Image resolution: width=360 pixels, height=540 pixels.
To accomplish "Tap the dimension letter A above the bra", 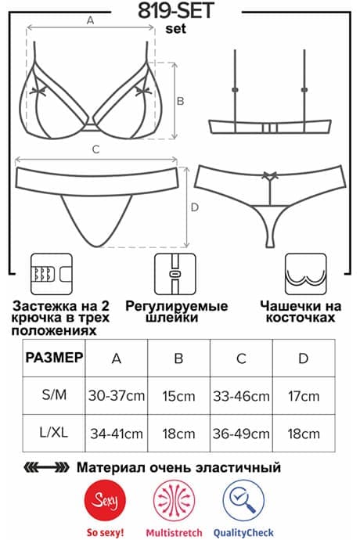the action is click(90, 20).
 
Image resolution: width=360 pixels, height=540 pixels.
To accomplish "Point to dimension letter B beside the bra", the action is click(180, 101).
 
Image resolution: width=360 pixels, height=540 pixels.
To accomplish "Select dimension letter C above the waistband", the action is click(96, 149).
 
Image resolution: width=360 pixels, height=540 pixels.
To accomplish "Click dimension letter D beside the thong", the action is click(195, 207).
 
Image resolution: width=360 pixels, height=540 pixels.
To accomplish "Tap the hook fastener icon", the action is click(52, 274).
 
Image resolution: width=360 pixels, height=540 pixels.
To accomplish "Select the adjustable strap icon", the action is click(175, 274).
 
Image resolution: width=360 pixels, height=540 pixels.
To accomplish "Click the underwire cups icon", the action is click(305, 274).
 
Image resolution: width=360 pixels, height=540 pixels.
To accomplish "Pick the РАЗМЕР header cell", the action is click(54, 358).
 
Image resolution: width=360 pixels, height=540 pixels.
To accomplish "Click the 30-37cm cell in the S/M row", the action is click(117, 396).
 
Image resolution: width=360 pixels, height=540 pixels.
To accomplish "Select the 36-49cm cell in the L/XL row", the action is click(241, 434).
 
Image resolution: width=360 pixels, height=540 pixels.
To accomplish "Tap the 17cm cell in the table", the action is click(304, 396).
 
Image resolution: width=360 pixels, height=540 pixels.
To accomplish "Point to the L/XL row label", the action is click(54, 432).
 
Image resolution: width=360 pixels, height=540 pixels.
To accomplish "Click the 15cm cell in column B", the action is click(178, 396).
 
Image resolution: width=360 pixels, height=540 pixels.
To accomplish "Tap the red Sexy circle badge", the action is click(105, 500).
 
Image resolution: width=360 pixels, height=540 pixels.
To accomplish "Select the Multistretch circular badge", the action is click(175, 500).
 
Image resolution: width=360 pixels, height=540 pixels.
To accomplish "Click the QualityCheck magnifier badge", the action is click(243, 500).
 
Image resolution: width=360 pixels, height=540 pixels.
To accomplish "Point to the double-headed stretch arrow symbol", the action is click(46, 468).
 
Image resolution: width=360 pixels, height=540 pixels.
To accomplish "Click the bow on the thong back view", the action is click(270, 175).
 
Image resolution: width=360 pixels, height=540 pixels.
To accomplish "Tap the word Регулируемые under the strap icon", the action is click(176, 307).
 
